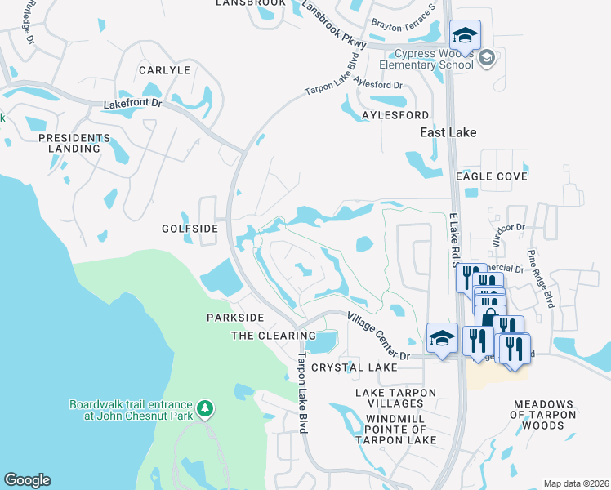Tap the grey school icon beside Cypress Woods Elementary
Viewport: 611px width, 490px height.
click(487, 57)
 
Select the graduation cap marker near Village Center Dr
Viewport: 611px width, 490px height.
click(442, 338)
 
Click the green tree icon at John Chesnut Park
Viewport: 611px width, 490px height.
click(207, 407)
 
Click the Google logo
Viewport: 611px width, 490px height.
click(27, 479)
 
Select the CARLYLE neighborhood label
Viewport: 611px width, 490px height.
click(164, 70)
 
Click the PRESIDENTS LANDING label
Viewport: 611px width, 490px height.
click(74, 143)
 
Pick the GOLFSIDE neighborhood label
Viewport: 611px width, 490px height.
click(190, 229)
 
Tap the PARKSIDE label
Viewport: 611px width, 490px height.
click(235, 317)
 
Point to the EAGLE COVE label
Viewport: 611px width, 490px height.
click(492, 176)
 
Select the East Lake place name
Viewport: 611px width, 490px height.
click(448, 132)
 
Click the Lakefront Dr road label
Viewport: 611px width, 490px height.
click(134, 105)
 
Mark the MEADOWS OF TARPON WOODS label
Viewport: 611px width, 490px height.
click(545, 410)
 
